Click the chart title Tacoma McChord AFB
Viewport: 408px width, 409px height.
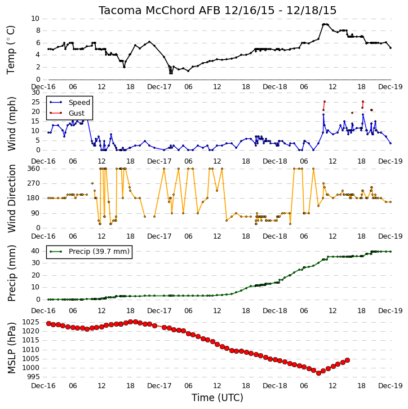coord(159,10)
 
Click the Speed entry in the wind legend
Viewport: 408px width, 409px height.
coord(79,103)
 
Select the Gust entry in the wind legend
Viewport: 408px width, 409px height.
coord(77,113)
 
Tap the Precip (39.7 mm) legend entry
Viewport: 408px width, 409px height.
coord(99,252)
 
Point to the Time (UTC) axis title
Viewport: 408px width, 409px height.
coord(218,398)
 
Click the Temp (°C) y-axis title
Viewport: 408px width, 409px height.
coord(11,50)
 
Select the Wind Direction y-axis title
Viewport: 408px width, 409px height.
coord(11,199)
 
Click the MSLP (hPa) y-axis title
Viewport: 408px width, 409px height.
coord(11,348)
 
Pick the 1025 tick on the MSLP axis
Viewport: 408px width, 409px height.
coord(31,322)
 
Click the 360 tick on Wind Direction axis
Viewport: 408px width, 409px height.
coord(34,169)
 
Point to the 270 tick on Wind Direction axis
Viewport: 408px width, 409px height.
coord(34,183)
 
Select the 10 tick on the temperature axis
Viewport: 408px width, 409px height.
coord(35,19)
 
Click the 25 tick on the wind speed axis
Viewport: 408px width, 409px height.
coord(36,102)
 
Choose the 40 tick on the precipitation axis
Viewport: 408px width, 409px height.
coord(36,251)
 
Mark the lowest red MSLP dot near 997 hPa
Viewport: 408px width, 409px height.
coord(318,373)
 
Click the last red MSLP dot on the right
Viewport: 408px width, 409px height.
coord(347,360)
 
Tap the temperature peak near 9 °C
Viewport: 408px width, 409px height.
coord(325,24)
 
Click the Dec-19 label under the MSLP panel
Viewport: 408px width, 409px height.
coord(391,385)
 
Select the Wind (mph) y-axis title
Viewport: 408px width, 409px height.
coord(11,124)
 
